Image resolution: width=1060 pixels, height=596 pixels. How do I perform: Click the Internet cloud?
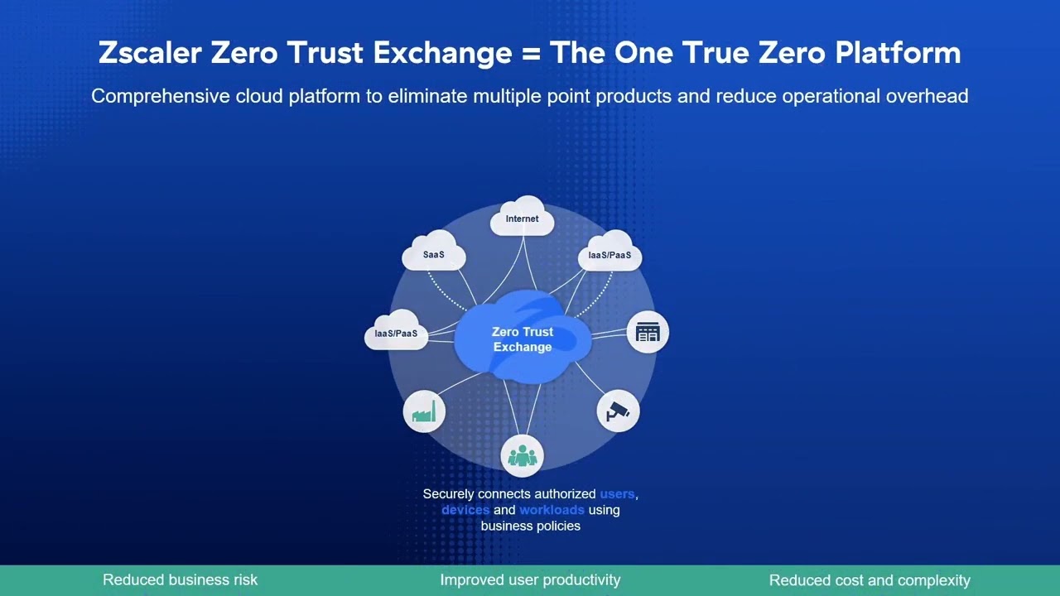tap(522, 218)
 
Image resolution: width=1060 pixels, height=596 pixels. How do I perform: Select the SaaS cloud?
tap(433, 254)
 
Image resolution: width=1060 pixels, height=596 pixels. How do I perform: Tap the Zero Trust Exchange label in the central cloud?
tap(523, 339)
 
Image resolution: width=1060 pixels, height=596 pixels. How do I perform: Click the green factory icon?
tap(424, 411)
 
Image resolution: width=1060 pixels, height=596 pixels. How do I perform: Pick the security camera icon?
tap(618, 411)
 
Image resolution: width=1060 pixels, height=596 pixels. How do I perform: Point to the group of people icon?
tap(522, 454)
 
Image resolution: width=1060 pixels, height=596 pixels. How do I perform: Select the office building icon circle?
tap(647, 333)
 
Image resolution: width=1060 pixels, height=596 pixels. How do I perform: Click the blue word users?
tap(617, 494)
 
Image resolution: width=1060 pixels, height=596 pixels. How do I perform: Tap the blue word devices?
tap(465, 510)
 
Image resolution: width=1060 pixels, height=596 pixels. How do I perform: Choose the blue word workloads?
tap(552, 510)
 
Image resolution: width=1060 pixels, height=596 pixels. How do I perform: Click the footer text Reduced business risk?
tap(180, 580)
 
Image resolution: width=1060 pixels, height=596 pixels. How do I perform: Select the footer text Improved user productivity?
tap(530, 580)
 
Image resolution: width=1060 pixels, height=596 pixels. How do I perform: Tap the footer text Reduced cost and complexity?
tap(870, 580)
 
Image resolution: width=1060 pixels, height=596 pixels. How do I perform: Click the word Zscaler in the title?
tap(149, 53)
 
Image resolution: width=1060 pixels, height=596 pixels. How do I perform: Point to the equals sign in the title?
tap(531, 54)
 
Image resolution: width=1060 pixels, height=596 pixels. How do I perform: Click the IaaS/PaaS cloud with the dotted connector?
tap(609, 255)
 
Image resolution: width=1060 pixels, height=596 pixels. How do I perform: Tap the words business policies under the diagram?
tap(530, 526)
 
